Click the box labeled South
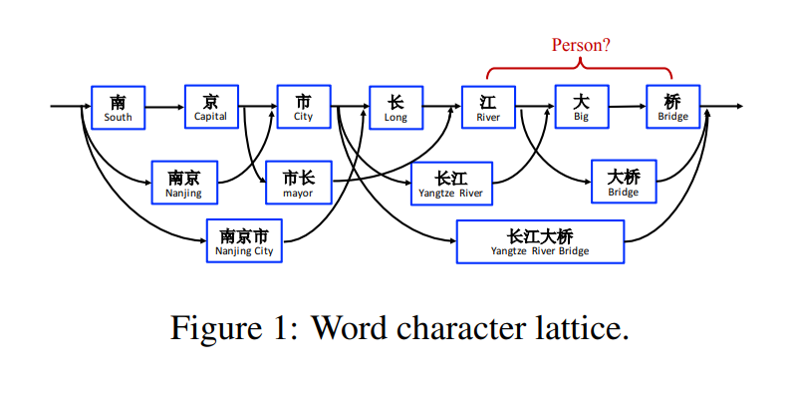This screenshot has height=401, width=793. [x=118, y=107]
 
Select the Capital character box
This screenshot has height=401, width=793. [x=211, y=107]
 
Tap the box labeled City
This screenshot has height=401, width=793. [x=303, y=107]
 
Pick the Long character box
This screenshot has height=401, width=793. [x=396, y=107]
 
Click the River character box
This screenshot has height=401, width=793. [x=488, y=107]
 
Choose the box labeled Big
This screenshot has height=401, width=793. [x=581, y=107]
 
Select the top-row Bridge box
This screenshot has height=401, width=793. [x=672, y=107]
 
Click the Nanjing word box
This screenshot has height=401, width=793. [x=183, y=183]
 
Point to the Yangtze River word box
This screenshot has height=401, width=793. [x=451, y=183]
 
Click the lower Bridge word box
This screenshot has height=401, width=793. [x=624, y=182]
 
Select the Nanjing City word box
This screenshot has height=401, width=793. [x=244, y=240]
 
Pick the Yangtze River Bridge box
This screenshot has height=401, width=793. [x=540, y=241]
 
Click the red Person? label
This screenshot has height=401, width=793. [x=581, y=45]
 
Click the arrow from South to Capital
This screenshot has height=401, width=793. [x=164, y=106]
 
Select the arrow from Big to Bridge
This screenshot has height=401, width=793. [x=627, y=106]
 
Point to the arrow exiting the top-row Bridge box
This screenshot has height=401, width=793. [x=721, y=106]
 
